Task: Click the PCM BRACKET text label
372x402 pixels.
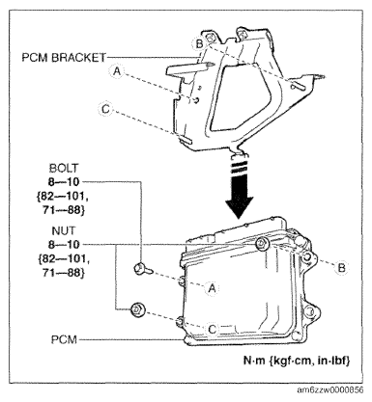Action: click(64, 58)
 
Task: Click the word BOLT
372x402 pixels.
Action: click(64, 168)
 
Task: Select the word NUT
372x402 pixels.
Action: click(64, 230)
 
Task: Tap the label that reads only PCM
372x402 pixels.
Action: click(64, 339)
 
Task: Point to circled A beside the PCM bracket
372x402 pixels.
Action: click(117, 71)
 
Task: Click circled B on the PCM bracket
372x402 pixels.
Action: click(200, 43)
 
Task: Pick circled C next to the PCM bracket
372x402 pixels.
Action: click(105, 109)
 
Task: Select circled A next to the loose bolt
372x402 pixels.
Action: click(212, 288)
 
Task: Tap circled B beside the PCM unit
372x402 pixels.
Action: click(341, 267)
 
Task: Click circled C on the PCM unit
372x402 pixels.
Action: click(212, 329)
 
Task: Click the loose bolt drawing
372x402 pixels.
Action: click(143, 269)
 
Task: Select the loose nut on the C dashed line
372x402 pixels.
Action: click(137, 309)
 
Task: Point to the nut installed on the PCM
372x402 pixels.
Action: click(261, 244)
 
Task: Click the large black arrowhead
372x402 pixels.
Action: click(239, 205)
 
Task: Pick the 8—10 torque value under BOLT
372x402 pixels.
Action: click(64, 182)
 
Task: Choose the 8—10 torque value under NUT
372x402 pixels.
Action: click(64, 245)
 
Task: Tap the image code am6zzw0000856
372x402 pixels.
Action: click(329, 389)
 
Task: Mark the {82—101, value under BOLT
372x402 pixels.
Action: click(63, 197)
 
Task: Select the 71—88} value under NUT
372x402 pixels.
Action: click(64, 273)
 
